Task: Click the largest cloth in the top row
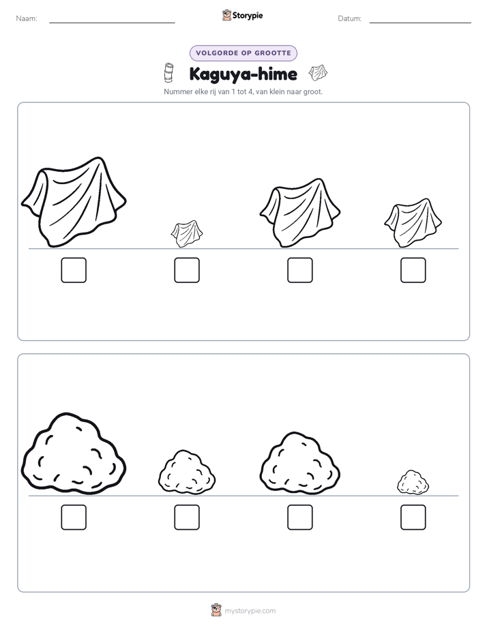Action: click(x=74, y=202)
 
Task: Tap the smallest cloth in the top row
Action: click(x=187, y=233)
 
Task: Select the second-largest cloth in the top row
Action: click(x=300, y=213)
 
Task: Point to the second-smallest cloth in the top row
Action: click(x=413, y=222)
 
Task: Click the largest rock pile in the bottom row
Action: click(x=74, y=453)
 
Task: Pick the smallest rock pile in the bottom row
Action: click(x=413, y=482)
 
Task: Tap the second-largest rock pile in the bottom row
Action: click(x=300, y=463)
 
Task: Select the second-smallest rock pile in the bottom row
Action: click(x=187, y=472)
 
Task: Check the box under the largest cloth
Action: click(x=74, y=270)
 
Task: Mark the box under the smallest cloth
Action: click(x=187, y=270)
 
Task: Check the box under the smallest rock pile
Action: click(x=413, y=517)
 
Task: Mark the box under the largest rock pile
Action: click(x=74, y=517)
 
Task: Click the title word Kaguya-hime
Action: click(x=243, y=74)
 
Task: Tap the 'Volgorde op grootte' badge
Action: click(x=243, y=53)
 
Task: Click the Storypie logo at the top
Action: click(x=242, y=16)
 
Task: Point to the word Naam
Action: click(x=27, y=18)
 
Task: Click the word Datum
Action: click(x=350, y=18)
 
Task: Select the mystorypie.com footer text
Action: click(x=250, y=611)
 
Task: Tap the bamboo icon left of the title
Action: click(x=168, y=73)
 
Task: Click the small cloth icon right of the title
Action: click(x=318, y=72)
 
